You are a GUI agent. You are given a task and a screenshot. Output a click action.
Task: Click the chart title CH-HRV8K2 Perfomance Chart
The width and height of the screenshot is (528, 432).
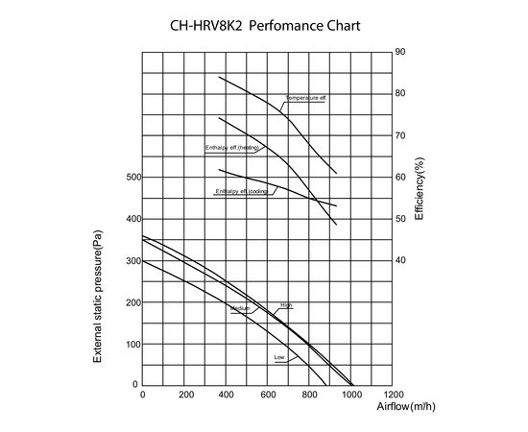pos(264,26)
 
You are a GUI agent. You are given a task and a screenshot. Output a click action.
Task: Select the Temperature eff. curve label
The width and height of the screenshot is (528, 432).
pos(305,98)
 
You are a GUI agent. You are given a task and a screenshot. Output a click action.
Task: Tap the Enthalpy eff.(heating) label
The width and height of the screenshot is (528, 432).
pos(231,148)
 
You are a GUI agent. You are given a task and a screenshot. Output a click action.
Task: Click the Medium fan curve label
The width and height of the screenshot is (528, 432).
pos(240,308)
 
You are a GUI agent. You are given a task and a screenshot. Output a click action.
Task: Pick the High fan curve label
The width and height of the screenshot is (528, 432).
pos(285,305)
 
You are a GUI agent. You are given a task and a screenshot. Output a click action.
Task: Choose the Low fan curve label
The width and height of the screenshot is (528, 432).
pos(279,357)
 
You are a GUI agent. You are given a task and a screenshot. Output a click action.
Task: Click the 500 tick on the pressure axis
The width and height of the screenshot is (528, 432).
pos(132,178)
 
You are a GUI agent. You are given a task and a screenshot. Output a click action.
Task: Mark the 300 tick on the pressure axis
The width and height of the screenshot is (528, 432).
pos(132,260)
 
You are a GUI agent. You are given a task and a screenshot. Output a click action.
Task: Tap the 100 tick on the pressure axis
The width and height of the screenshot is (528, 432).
pos(132,344)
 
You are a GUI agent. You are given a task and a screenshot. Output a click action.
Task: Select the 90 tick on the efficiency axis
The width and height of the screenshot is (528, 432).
pos(399,52)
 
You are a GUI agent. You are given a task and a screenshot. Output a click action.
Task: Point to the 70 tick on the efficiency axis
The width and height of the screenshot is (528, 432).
pos(399,135)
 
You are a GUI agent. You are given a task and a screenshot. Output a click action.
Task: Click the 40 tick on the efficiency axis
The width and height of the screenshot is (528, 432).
pos(399,260)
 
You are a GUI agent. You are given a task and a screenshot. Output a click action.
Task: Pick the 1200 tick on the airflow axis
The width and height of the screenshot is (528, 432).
pos(393,395)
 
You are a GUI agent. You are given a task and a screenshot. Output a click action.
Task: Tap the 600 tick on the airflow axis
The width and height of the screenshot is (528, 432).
pos(268,395)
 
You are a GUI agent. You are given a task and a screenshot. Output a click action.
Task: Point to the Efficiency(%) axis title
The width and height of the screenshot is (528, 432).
pos(420,191)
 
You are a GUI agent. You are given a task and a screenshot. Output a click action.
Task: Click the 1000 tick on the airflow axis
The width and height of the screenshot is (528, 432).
pos(351,395)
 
